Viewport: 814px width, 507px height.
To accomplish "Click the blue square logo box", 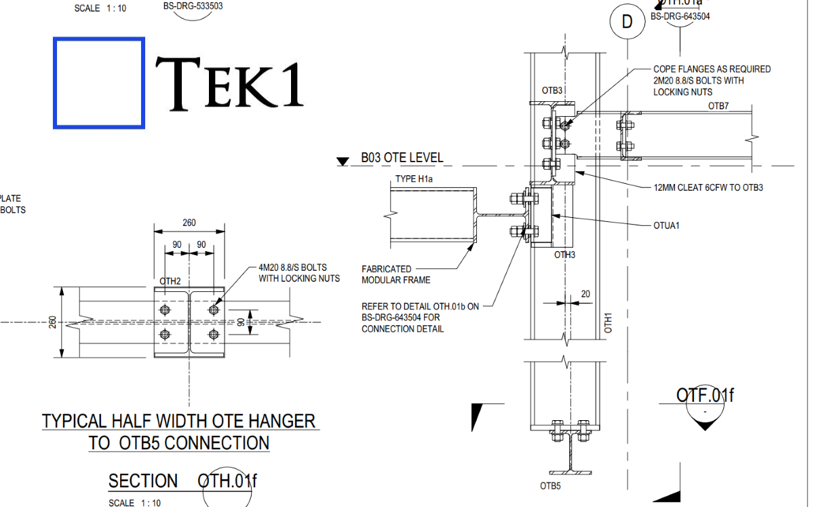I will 99,83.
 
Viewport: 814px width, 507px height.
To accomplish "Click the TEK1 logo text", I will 229,82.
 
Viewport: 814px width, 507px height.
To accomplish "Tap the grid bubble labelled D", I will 627,22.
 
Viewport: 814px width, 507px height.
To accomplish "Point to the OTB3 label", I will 552,90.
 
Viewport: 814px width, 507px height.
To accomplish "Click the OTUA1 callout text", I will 665,225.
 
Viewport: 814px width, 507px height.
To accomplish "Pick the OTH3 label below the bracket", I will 564,255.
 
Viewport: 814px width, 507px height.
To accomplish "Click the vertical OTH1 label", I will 608,322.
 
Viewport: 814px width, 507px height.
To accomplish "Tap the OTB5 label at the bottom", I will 550,486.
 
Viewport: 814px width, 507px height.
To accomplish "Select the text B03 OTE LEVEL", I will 402,158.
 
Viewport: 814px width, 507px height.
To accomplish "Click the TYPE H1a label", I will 414,179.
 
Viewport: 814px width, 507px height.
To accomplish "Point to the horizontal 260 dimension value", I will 190,223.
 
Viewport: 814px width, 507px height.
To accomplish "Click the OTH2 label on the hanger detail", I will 170,281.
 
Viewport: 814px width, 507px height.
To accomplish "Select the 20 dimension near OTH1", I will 585,294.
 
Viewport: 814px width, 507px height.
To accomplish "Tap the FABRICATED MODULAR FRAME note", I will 395,274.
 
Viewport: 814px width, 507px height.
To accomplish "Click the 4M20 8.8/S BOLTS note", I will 298,273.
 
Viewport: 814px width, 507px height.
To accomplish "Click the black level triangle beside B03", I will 343,162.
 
